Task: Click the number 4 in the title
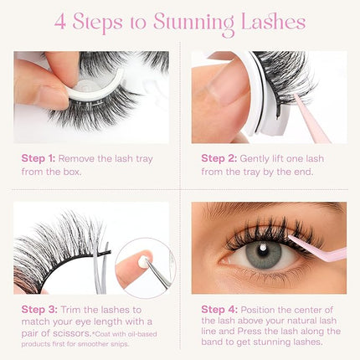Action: pyautogui.click(x=61, y=21)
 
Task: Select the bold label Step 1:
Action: pyautogui.click(x=39, y=157)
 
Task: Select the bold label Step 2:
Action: pyautogui.click(x=218, y=157)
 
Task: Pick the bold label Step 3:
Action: pyautogui.click(x=39, y=308)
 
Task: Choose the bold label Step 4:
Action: pyautogui.click(x=218, y=308)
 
